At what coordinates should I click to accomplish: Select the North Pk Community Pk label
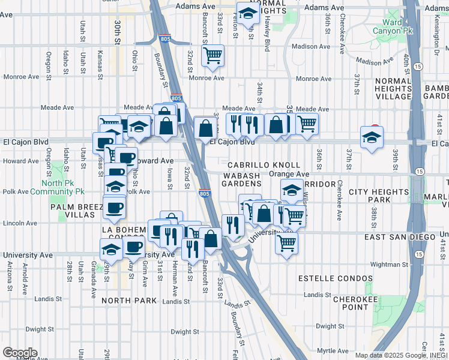pos(63,188)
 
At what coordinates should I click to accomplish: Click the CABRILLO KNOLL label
pos(264,165)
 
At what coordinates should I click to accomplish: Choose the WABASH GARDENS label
pos(241,179)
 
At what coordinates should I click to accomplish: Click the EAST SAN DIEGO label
pos(393,237)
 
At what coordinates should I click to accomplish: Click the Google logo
pos(20,352)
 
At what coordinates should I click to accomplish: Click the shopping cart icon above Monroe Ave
pos(212,55)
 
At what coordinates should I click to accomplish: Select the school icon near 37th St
pos(372,137)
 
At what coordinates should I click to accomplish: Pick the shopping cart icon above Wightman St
pos(287,242)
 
